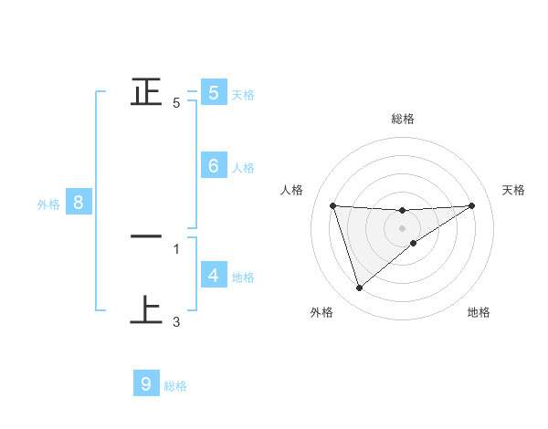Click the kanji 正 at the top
(x=146, y=91)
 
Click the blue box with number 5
(x=213, y=92)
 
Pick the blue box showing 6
(x=213, y=165)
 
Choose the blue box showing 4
(x=213, y=275)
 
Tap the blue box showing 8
(x=78, y=203)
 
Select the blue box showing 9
(x=146, y=384)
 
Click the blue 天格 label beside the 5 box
(x=243, y=94)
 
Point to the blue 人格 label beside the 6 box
(x=243, y=167)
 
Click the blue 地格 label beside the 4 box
(x=243, y=277)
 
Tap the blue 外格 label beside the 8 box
(x=48, y=204)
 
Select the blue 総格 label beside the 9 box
(x=175, y=386)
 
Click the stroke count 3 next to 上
(x=176, y=321)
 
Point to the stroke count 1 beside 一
(x=176, y=248)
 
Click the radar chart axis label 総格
(x=402, y=119)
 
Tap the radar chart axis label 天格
(x=514, y=190)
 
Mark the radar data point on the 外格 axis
(x=359, y=288)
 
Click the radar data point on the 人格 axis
(x=332, y=205)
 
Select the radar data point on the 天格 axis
(x=472, y=205)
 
